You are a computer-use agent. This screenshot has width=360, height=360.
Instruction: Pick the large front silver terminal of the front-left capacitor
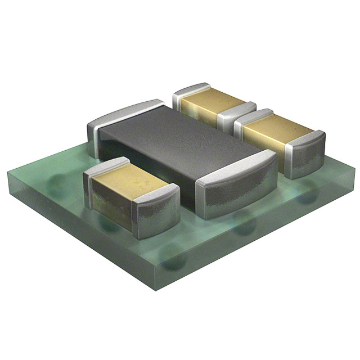coord(157,211)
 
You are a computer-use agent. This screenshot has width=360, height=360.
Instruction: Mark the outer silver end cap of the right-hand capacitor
coord(307,152)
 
